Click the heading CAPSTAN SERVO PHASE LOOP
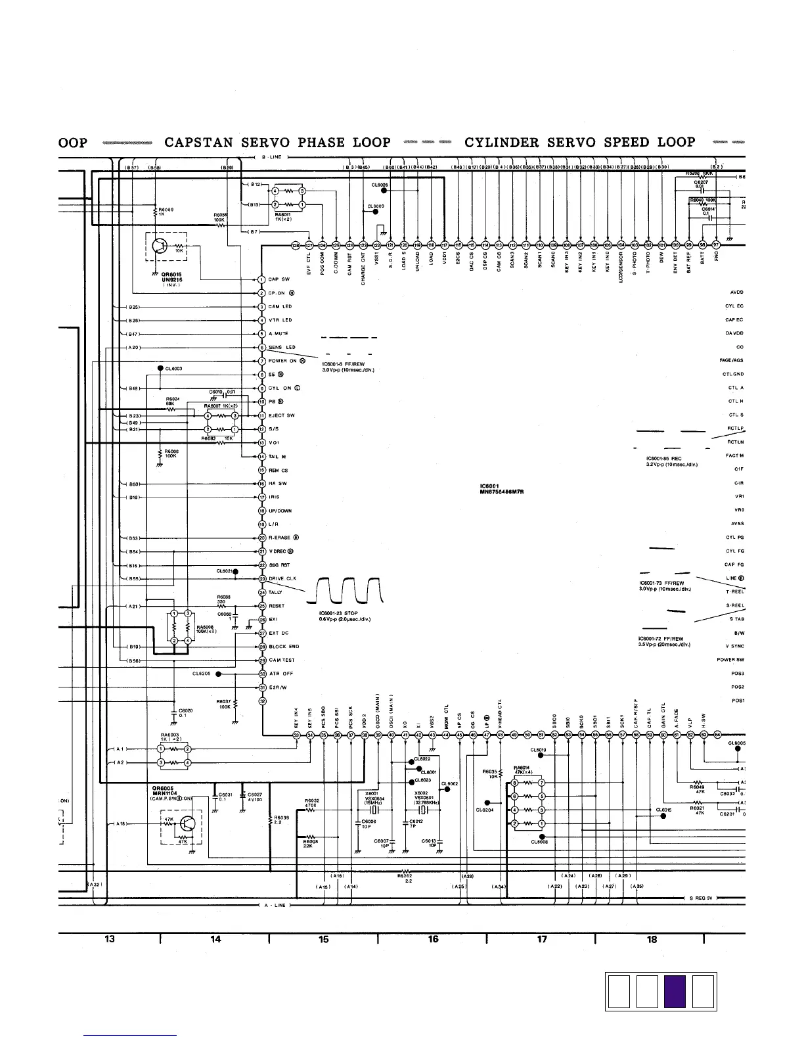coord(277,143)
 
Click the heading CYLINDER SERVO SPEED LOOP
coord(580,143)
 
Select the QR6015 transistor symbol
coord(160,246)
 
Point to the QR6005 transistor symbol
coord(189,823)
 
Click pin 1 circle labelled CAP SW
coord(261,279)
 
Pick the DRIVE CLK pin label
coord(282,578)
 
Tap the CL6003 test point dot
coord(160,369)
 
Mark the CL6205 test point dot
coord(218,674)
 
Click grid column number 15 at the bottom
coord(323,939)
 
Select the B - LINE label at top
coord(272,157)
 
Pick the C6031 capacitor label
coord(226,795)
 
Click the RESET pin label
coord(277,606)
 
